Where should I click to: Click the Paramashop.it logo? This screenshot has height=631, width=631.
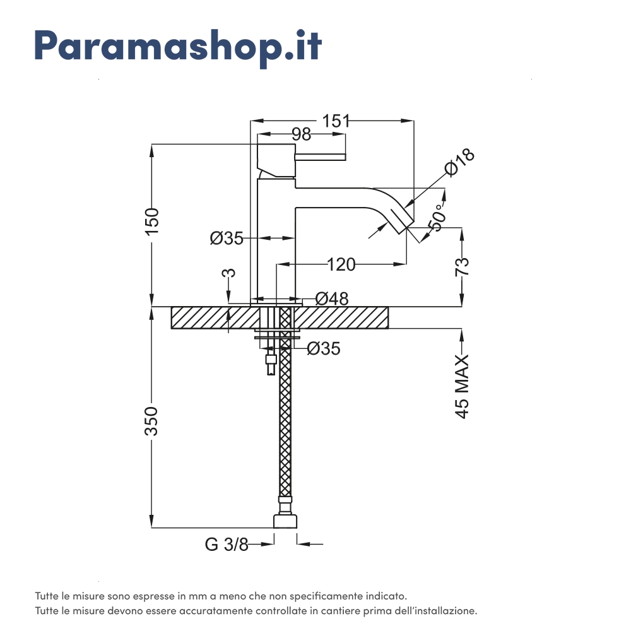[178, 47]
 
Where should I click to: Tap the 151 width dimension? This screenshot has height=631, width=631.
[336, 121]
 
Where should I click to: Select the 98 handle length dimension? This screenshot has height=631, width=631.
[302, 134]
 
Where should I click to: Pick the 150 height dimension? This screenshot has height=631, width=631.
[152, 221]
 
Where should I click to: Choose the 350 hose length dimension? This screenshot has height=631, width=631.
[151, 421]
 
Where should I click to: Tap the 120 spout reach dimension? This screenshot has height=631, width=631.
[341, 265]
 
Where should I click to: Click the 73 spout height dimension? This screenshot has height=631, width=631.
[462, 266]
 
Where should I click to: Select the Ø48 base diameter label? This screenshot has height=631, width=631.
[332, 298]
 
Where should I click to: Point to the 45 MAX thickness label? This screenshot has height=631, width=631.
[462, 386]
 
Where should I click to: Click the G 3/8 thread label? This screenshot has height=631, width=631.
[227, 545]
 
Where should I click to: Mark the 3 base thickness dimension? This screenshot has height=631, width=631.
[228, 273]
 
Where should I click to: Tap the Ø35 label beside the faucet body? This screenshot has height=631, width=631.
[227, 239]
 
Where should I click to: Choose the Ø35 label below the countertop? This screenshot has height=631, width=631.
[324, 348]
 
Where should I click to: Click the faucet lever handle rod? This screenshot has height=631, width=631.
[321, 157]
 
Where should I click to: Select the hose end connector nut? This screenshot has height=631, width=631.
[285, 521]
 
